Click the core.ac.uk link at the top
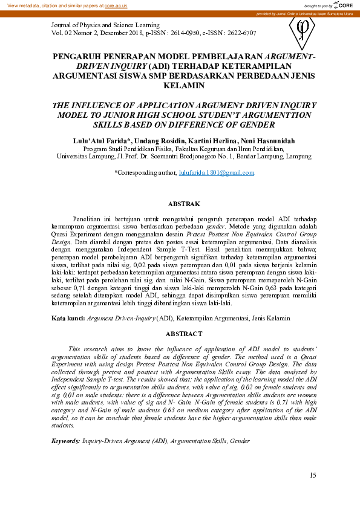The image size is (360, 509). tap(116, 5)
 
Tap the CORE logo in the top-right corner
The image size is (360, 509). tap(344, 5)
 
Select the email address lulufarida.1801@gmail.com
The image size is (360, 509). tap(217, 172)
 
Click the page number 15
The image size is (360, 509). tap(312, 475)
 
